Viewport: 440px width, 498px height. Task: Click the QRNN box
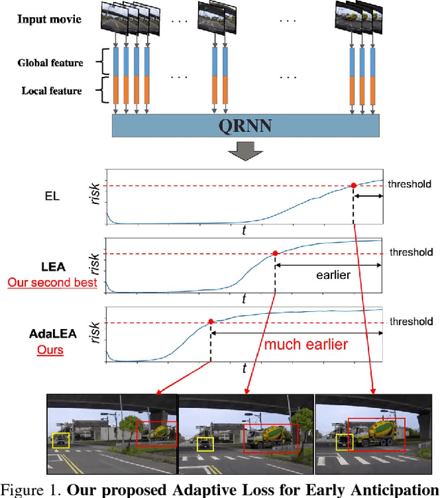(245, 126)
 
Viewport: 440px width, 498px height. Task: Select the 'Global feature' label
(49, 63)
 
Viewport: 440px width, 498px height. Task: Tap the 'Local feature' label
(52, 91)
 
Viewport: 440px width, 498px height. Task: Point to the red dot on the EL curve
(353, 185)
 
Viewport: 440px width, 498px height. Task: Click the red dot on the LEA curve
(275, 253)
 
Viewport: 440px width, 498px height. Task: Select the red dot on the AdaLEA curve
(210, 321)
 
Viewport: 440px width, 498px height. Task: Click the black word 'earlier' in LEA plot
(333, 275)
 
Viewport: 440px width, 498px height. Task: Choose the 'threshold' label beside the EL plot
(410, 184)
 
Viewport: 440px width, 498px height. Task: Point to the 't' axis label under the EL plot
(243, 232)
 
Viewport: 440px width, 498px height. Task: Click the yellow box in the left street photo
(60, 440)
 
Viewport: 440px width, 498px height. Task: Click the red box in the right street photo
(376, 434)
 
